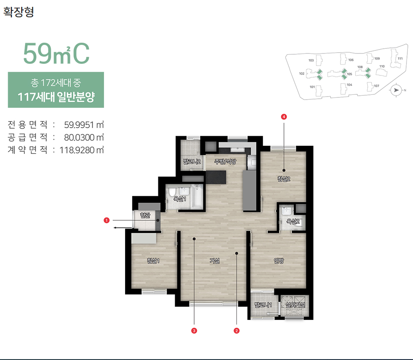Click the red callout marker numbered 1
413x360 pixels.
tap(107, 220)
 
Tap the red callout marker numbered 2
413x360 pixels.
tap(236, 331)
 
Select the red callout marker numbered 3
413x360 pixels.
tap(194, 331)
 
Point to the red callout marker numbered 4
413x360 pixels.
tap(284, 116)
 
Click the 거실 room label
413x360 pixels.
tap(214, 261)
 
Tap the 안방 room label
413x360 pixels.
tap(279, 261)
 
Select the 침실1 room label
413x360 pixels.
tap(153, 261)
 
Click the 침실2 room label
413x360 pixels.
tap(284, 179)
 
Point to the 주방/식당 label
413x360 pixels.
tap(225, 161)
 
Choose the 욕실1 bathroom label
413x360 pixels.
tap(180, 199)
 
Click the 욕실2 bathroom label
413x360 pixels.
tap(293, 221)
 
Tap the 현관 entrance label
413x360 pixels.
tap(145, 215)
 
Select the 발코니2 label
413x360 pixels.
tap(192, 161)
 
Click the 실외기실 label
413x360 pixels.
tap(295, 305)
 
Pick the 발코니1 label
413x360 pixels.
tap(263, 305)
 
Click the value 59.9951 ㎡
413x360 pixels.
tap(84, 125)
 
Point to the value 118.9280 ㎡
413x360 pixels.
tap(82, 150)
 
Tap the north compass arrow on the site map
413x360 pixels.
tap(396, 90)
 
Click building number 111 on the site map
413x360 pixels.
tap(400, 59)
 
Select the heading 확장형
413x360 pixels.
tap(19, 12)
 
